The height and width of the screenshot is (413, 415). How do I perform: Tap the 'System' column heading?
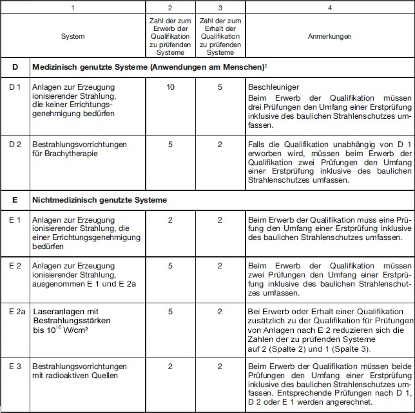tap(73, 37)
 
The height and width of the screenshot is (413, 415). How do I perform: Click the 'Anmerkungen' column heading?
tap(329, 37)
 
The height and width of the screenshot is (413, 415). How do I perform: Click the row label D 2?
tap(16, 145)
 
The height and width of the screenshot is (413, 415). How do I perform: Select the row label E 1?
tap(16, 221)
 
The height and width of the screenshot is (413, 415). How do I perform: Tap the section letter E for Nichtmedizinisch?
tap(15, 200)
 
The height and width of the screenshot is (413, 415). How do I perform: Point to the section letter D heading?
tap(15, 67)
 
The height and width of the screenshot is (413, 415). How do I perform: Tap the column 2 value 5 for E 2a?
tap(170, 312)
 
